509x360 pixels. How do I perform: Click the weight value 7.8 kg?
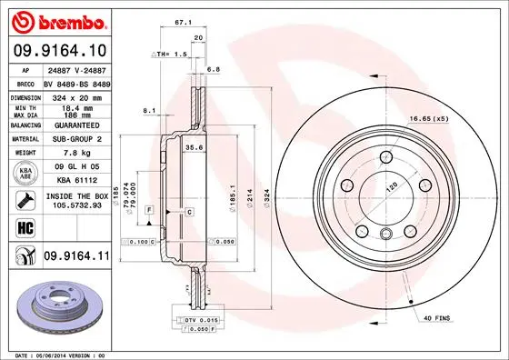pyautogui.click(x=73, y=154)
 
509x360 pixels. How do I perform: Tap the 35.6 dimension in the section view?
pyautogui.click(x=193, y=146)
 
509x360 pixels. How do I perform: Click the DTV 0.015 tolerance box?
pyautogui.click(x=200, y=321)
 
